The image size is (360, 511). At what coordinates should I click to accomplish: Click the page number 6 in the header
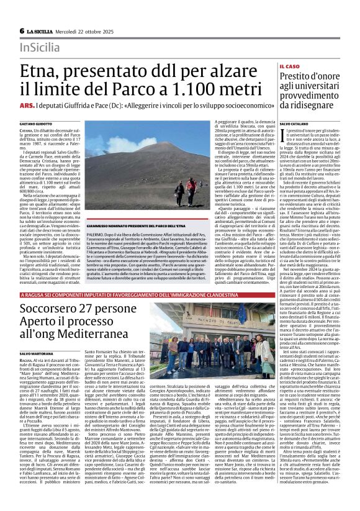click(x=22, y=31)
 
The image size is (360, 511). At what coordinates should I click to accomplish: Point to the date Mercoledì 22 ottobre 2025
click(x=91, y=31)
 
